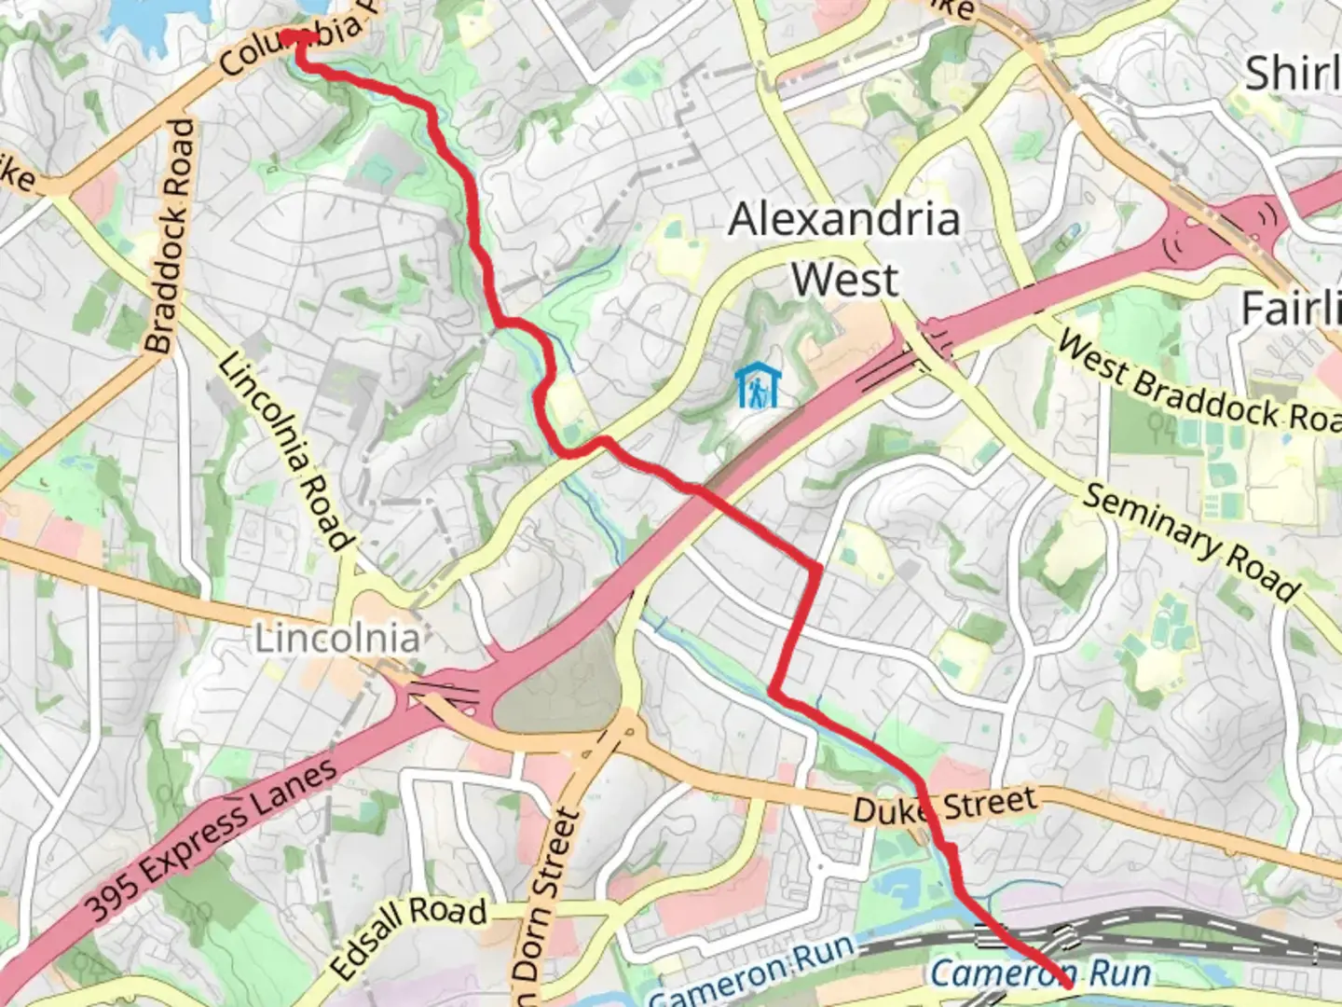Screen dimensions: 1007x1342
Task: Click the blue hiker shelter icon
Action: (756, 386)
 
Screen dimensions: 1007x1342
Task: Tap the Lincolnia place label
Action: (337, 640)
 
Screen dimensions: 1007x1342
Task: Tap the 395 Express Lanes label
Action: (212, 839)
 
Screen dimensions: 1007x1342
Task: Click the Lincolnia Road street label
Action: (285, 451)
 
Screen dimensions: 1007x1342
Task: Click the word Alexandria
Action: (843, 220)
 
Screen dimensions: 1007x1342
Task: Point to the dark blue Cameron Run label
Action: (1040, 973)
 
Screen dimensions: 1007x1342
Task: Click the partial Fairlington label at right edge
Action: (1292, 308)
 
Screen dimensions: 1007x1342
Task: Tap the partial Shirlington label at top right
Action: (1294, 73)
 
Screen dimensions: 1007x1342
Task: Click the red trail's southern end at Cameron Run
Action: (1067, 983)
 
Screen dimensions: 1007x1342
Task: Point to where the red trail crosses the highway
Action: (697, 491)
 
